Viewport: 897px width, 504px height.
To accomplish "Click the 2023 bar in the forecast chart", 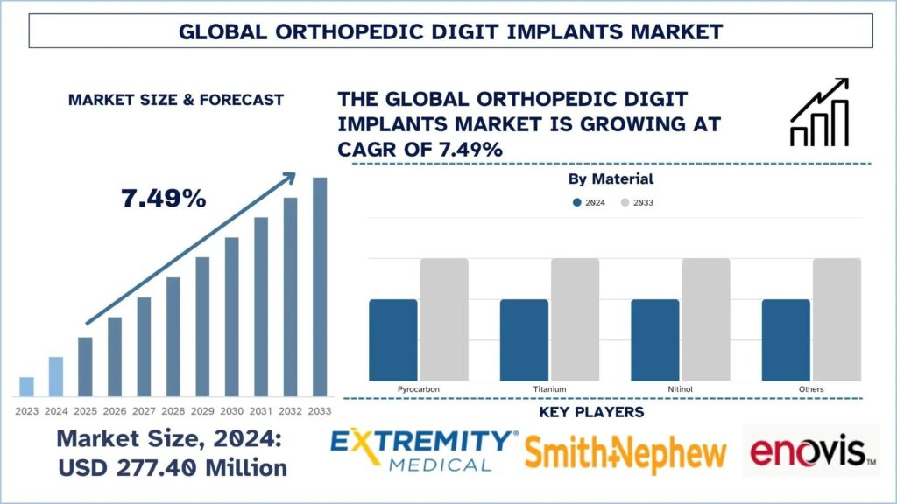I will pos(26,386).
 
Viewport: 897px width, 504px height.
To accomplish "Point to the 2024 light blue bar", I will pos(55,376).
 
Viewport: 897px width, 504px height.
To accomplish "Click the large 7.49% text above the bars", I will pos(164,199).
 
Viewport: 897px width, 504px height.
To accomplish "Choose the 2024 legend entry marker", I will pos(577,202).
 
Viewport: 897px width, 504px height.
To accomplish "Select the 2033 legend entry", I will pos(637,202).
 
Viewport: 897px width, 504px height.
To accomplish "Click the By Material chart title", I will pos(611,178).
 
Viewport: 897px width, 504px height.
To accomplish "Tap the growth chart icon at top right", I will pos(820,112).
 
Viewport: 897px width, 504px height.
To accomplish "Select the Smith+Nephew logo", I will pos(625,453).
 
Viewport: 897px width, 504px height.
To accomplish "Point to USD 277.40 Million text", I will pos(173,468).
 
